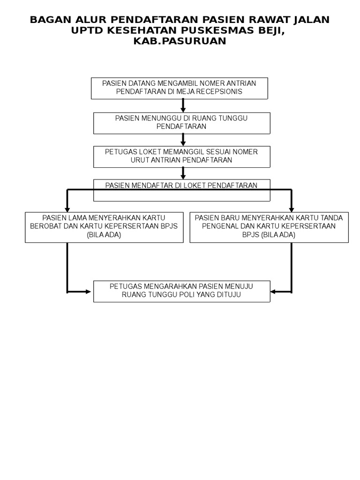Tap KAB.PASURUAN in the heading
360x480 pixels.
coord(180,41)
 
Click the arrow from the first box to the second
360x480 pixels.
coord(183,105)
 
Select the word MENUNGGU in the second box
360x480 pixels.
coord(161,118)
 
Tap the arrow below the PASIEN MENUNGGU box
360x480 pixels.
coord(183,140)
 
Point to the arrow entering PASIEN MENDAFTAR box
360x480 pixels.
coord(183,173)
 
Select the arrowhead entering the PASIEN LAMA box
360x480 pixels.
coord(67,210)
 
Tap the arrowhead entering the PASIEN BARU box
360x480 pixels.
coord(292,210)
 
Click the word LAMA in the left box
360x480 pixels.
coord(76,218)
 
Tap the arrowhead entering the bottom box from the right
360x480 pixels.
coord(273,292)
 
